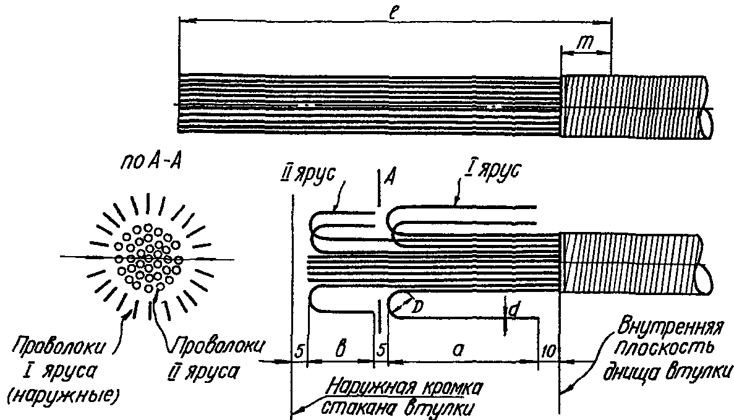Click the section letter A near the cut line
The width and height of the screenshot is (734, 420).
(390, 178)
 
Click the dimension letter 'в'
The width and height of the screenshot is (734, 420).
(339, 349)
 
